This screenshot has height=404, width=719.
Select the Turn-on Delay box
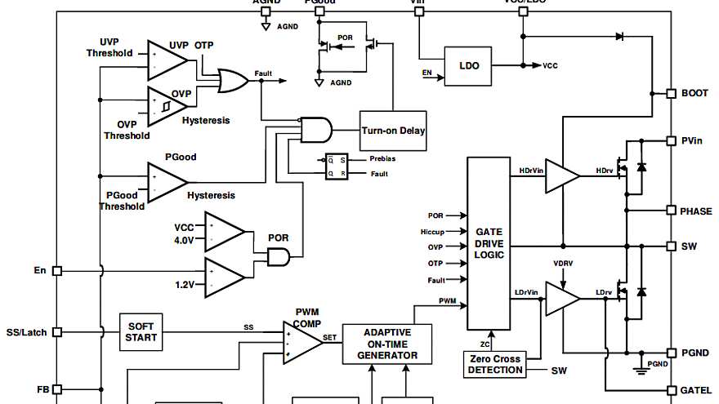tap(393, 131)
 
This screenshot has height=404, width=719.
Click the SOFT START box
tap(141, 332)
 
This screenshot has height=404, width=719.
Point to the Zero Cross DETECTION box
tap(494, 364)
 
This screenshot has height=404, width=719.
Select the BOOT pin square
tap(671, 93)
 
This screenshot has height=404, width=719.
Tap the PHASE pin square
tap(671, 211)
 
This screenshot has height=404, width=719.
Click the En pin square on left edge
tap(57, 270)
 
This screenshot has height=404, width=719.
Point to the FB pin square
tap(57, 389)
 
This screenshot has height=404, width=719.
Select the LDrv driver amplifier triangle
tap(560, 299)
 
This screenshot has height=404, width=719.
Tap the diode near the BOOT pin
tap(619, 37)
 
